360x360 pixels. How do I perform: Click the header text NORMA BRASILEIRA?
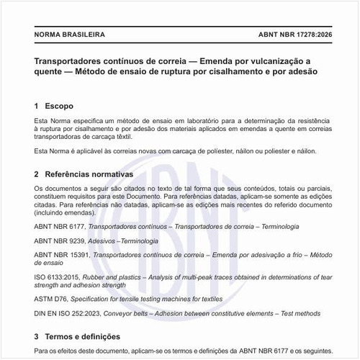(69, 34)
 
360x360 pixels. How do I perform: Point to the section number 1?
(37, 106)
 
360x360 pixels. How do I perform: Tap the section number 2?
(37, 175)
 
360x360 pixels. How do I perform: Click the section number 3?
(37, 336)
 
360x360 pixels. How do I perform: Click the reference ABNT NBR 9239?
(64, 240)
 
